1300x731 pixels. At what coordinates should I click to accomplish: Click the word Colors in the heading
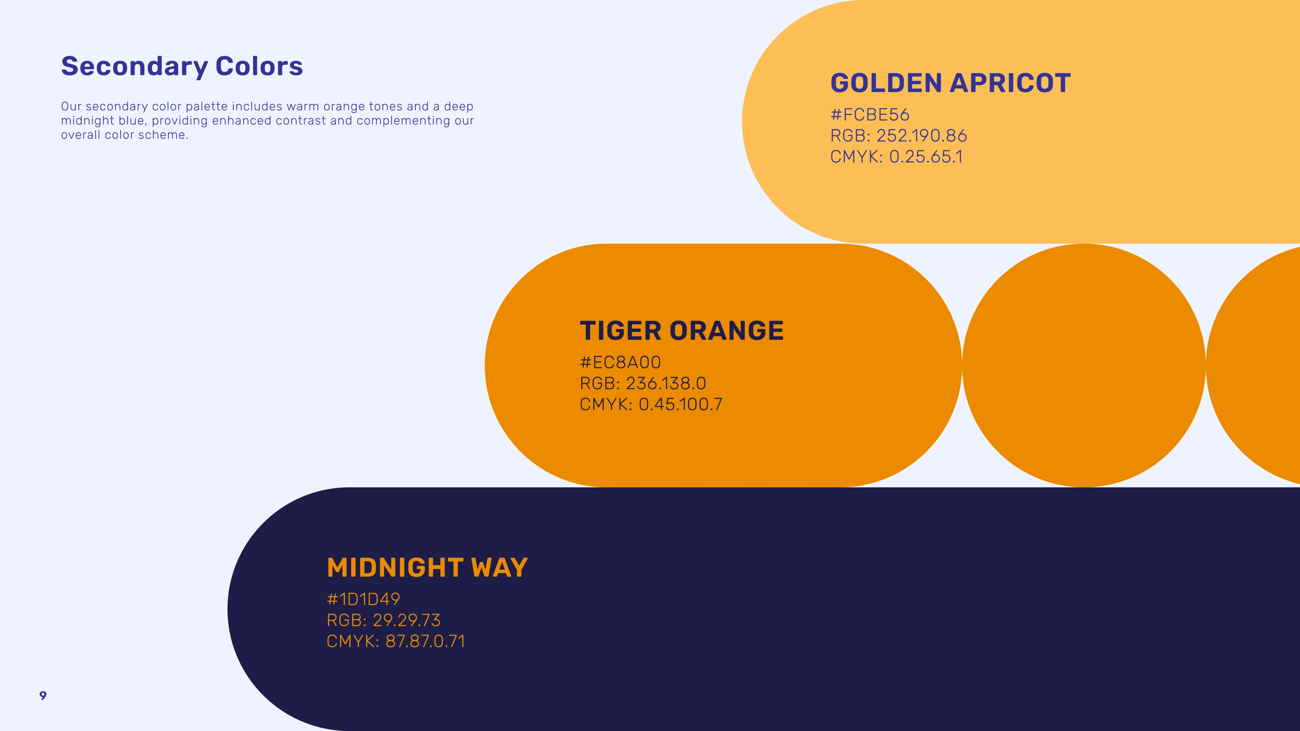[259, 66]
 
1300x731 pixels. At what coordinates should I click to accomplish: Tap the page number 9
[43, 696]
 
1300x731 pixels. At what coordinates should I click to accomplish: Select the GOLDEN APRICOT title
[950, 83]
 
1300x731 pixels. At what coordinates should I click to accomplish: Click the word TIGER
[620, 331]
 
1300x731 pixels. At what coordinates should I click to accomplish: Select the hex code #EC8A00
[620, 363]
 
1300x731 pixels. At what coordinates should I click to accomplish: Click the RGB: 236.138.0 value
[643, 383]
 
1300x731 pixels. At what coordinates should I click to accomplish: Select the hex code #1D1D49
[363, 599]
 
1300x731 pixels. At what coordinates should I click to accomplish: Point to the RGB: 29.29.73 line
[384, 620]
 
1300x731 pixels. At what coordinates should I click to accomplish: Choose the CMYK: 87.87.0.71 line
[396, 641]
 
